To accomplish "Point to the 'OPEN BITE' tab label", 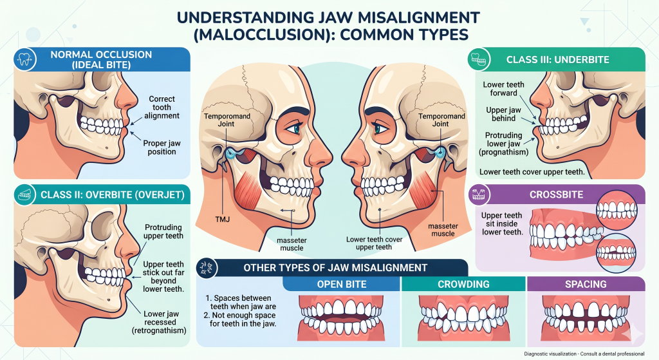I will coord(342,284).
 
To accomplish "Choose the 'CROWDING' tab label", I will coord(463,284).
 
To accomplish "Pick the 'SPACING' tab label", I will coord(585,284).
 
